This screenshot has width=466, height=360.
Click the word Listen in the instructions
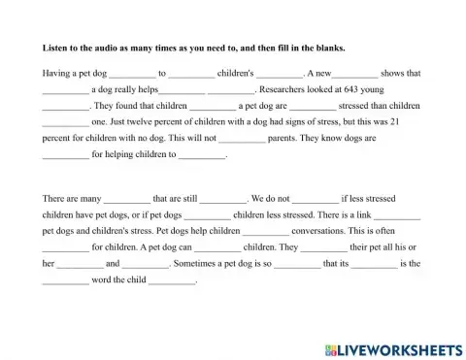[x=55, y=47]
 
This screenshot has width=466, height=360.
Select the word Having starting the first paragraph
[x=58, y=73]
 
